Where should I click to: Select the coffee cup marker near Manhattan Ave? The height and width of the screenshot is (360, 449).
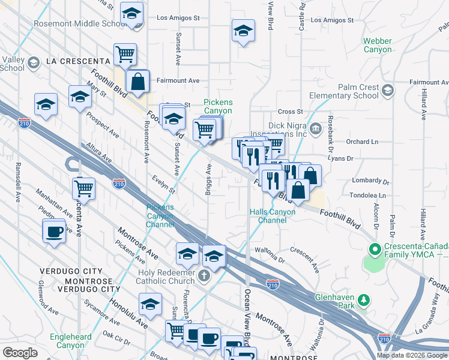coord(54,231)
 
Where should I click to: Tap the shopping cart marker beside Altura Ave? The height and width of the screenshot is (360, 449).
coord(83,188)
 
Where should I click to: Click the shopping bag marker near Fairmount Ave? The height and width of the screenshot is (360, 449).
coord(137,82)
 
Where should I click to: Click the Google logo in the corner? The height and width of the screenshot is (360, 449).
coord(20,353)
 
